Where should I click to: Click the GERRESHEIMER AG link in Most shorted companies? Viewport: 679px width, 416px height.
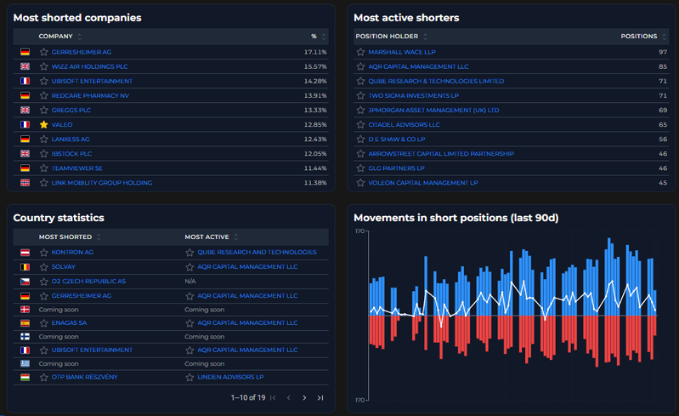click(82, 52)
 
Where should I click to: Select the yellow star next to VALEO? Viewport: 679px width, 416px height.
click(43, 125)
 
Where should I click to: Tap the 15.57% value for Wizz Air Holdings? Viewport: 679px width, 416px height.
click(315, 66)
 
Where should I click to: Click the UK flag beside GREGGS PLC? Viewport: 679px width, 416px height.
click(25, 110)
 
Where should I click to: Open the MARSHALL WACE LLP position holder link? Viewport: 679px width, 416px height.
click(402, 52)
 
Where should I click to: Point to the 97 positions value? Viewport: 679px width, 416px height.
click(663, 52)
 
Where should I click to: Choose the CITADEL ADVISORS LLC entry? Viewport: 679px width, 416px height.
click(404, 125)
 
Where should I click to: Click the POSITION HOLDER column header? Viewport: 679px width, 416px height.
click(387, 37)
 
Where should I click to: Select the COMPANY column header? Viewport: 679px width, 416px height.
click(55, 37)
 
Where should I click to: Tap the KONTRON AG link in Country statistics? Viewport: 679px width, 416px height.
click(72, 252)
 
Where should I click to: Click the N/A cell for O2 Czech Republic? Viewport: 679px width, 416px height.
click(190, 282)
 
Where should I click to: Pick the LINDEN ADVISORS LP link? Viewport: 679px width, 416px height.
click(230, 377)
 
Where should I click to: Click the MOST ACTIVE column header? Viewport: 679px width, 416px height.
click(207, 237)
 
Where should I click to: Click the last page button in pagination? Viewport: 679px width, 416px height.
click(320, 398)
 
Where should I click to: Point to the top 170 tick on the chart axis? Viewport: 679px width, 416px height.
click(359, 231)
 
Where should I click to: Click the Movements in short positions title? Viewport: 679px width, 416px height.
click(456, 218)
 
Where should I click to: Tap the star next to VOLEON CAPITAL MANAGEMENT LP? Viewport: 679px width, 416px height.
click(360, 183)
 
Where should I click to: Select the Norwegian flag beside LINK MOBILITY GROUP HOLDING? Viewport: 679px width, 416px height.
click(25, 183)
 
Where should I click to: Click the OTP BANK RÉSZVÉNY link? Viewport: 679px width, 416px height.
click(84, 377)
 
